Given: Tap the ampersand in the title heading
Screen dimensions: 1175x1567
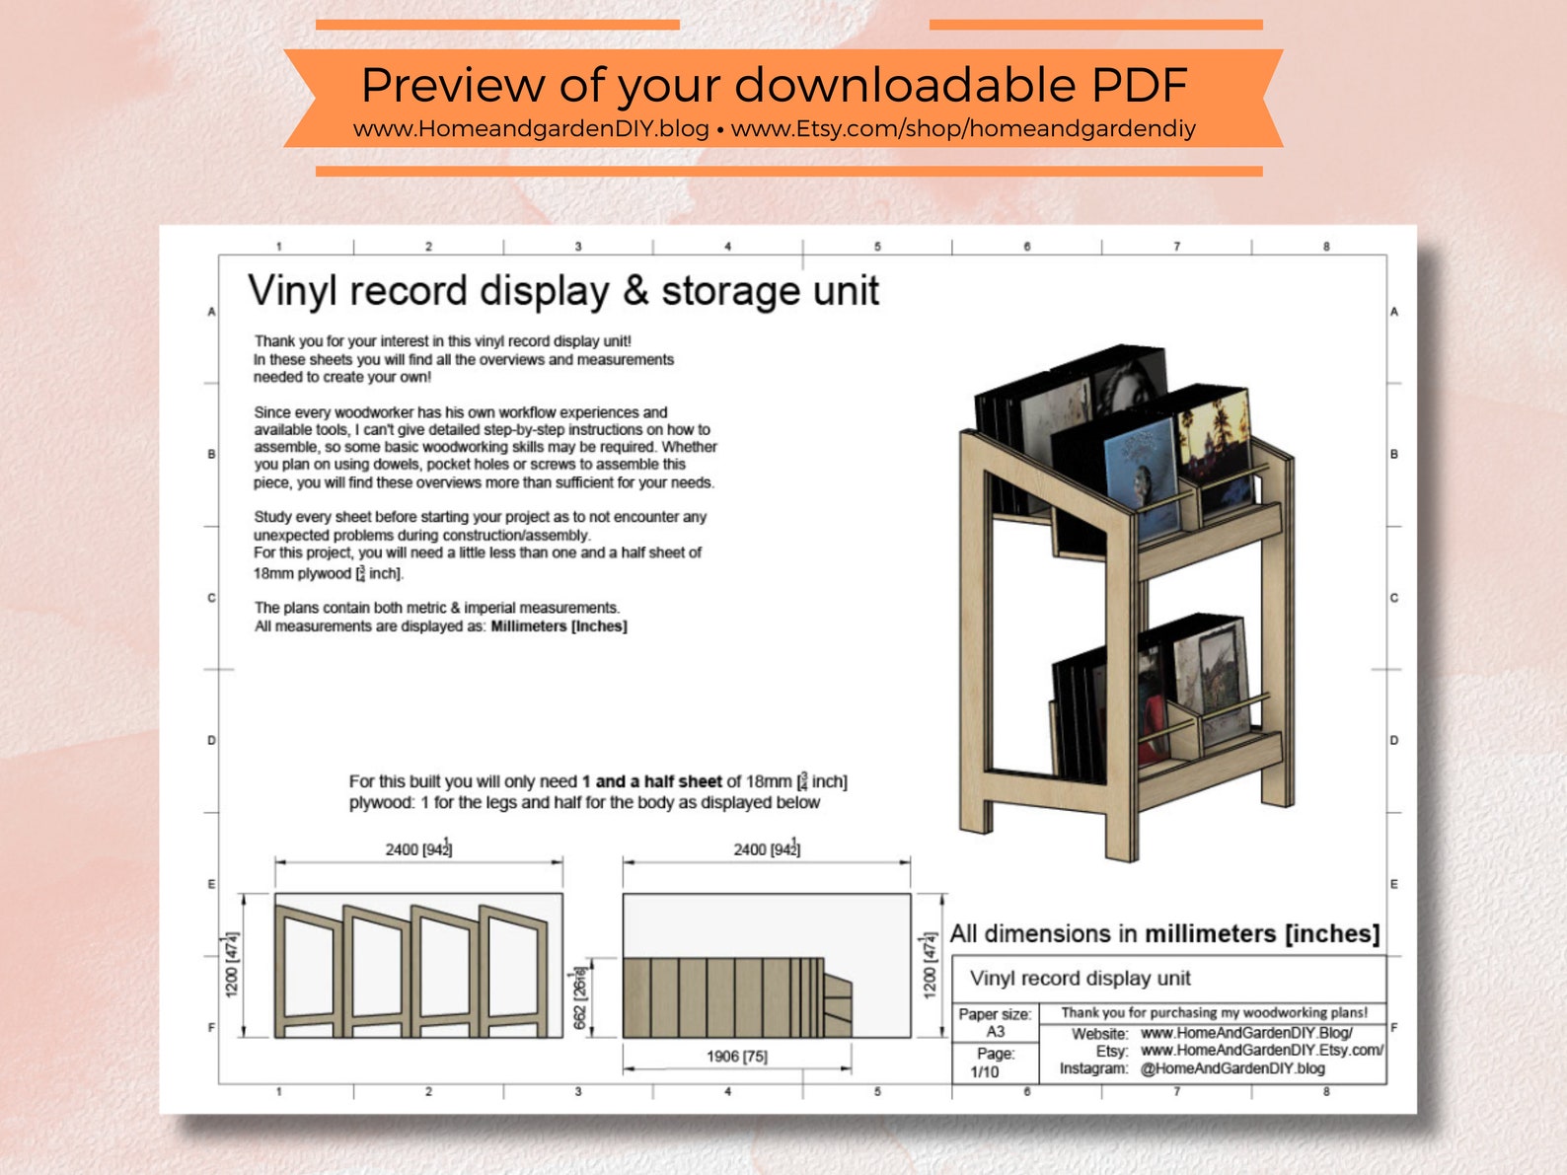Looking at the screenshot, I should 635,292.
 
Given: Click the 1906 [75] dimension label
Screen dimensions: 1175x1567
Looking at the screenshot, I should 736,1057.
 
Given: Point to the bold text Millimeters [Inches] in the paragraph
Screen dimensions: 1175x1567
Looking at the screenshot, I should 559,626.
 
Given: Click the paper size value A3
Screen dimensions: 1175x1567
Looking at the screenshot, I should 995,1031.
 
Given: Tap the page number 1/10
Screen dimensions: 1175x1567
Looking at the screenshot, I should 984,1071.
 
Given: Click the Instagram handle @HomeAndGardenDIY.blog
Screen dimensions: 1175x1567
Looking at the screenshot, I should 1232,1068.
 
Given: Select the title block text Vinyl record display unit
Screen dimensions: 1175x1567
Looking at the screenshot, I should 1080,979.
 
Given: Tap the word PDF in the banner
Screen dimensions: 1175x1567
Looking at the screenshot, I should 1138,86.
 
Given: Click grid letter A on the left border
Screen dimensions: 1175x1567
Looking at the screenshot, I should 211,312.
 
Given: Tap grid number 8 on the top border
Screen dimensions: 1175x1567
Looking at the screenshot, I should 1325,247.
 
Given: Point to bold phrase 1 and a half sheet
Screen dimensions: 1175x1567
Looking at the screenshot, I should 651,781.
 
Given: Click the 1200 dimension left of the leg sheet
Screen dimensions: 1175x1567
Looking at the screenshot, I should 232,965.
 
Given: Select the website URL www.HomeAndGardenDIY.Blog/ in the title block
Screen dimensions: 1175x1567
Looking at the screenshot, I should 1246,1033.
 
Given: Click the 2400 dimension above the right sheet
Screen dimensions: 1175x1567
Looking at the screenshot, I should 766,849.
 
